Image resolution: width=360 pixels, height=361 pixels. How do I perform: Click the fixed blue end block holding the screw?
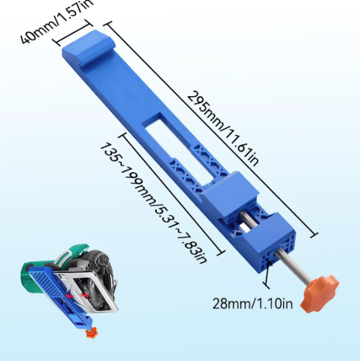coord(273,243)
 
